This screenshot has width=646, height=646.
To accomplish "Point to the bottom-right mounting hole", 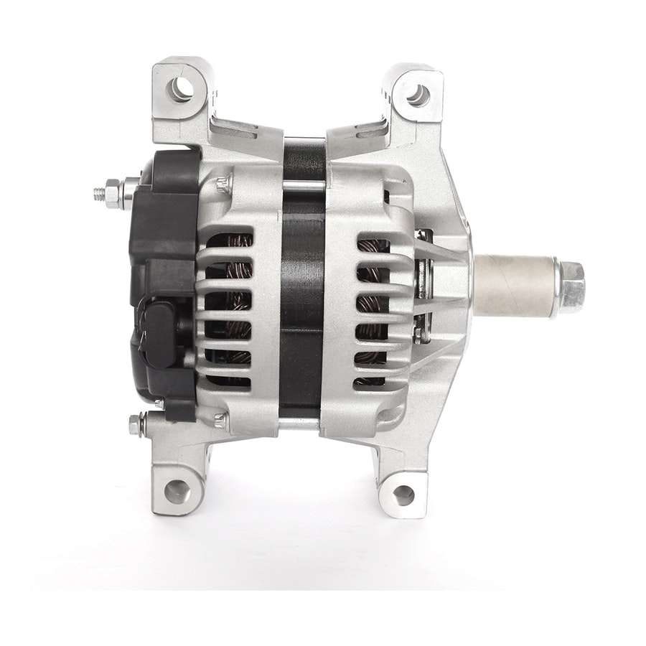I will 403,495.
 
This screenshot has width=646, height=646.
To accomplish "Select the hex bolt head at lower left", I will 135,425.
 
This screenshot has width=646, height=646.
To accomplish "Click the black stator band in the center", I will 302,287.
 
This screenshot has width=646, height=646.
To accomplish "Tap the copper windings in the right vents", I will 373,301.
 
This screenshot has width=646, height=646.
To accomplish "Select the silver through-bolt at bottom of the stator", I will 302,424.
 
